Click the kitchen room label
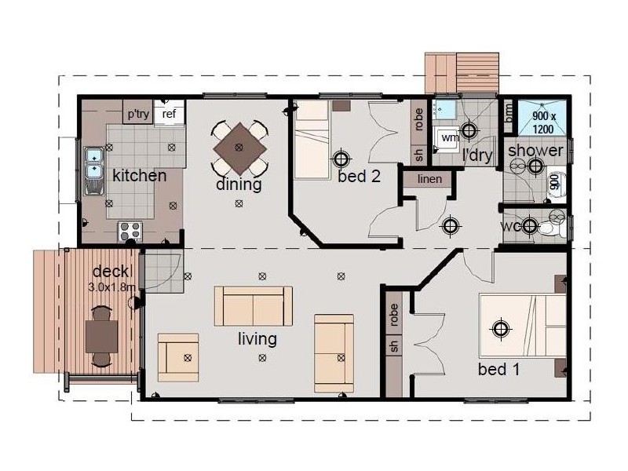140,175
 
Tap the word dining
239,184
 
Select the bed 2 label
359,176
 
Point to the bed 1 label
498,369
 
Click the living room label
257,339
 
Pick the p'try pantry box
138,112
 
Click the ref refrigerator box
169,114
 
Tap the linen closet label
429,179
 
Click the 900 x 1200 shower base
542,118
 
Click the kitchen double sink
94,171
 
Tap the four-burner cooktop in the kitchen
130,232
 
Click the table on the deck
102,337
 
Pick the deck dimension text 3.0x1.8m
111,287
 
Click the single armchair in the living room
178,357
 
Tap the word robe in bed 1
393,315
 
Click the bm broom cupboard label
508,113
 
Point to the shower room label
535,151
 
